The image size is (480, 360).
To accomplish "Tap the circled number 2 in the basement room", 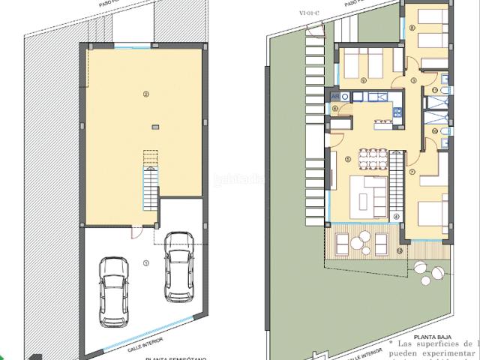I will (146, 94).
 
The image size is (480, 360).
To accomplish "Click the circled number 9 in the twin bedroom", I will (362, 78).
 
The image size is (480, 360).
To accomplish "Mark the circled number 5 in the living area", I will (347, 159).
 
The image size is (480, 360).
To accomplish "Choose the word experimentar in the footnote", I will (450, 351).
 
